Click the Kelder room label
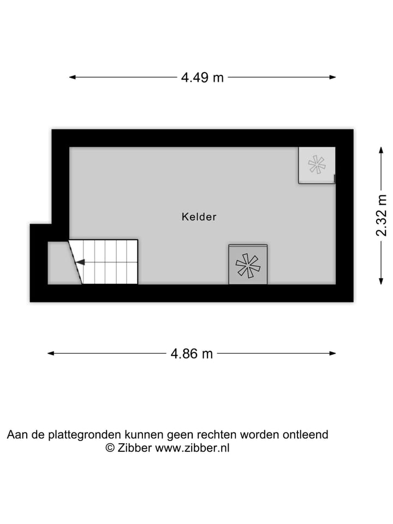[x=199, y=217]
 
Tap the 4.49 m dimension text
[x=203, y=78]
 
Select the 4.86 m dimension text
[x=192, y=354]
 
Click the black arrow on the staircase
[x=80, y=263]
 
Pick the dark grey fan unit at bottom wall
[x=248, y=265]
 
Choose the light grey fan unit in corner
[x=316, y=165]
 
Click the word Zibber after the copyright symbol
[x=135, y=448]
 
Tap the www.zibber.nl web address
[x=193, y=448]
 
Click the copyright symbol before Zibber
[x=110, y=448]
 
